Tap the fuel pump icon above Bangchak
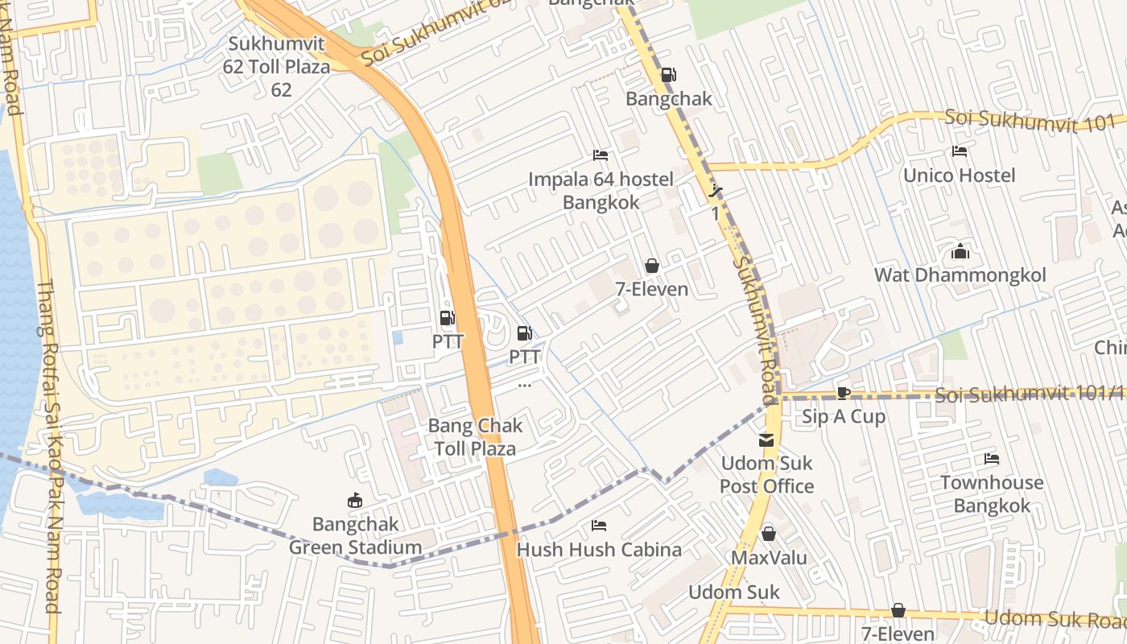[x=668, y=76]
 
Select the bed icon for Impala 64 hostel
[x=601, y=155]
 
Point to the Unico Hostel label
[x=959, y=175]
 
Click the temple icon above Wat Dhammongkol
[x=960, y=252]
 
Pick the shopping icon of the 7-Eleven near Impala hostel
[x=652, y=266]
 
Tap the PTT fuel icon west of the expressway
[x=448, y=319]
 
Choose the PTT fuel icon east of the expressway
[x=524, y=332]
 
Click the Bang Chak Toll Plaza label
[x=475, y=437]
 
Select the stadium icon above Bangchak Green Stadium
[x=355, y=501]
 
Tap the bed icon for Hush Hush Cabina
[x=599, y=526]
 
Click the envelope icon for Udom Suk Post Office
[x=766, y=440]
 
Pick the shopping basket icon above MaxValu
[x=769, y=534]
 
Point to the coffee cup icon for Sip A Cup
[x=843, y=393]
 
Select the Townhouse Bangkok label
[x=992, y=494]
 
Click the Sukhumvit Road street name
[x=755, y=330]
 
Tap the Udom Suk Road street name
[x=1055, y=618]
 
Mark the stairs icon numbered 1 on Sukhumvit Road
[x=716, y=192]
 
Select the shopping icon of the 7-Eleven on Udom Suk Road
[x=898, y=611]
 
